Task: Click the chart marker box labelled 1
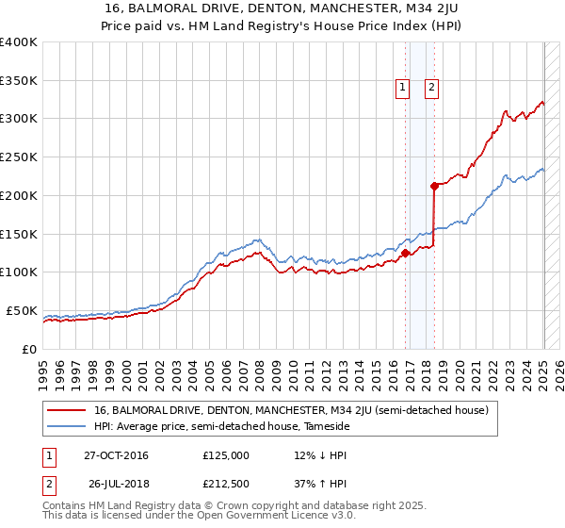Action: (402, 88)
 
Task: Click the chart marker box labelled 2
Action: (431, 88)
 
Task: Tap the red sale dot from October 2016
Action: (405, 253)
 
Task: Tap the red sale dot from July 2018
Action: (434, 185)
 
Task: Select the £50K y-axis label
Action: (23, 310)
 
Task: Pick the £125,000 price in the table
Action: (226, 455)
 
